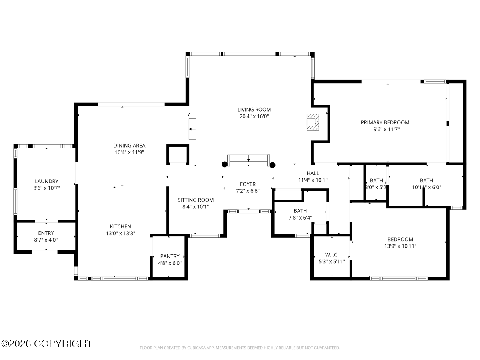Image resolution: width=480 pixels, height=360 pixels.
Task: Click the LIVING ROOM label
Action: (x=254, y=110)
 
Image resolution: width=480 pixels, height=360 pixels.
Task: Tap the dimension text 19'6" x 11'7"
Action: (x=385, y=129)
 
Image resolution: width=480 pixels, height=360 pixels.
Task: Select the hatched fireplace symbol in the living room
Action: (x=313, y=122)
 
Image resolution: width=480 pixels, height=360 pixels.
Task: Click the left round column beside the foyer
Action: (x=224, y=164)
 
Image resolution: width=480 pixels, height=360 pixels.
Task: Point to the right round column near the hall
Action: (x=272, y=165)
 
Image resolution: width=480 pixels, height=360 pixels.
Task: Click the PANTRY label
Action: (x=170, y=256)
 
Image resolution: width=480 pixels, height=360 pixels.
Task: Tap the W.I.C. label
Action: (x=332, y=255)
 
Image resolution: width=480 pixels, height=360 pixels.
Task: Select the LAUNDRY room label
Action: (x=46, y=181)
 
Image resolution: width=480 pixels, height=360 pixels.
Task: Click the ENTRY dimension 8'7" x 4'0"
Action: (x=46, y=240)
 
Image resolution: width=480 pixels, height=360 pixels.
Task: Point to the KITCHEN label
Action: (x=120, y=226)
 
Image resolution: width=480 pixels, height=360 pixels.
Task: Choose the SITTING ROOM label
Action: (x=196, y=200)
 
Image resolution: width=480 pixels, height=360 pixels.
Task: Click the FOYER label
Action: (x=248, y=184)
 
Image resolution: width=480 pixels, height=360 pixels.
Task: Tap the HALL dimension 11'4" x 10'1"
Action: (x=313, y=180)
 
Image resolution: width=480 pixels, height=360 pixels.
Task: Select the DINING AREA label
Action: (x=129, y=146)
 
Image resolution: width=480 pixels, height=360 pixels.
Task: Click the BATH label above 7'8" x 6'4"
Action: (x=300, y=211)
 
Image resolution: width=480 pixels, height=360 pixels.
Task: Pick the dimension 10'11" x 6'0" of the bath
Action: (x=426, y=187)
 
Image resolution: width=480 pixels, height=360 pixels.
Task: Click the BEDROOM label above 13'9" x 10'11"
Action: (x=400, y=239)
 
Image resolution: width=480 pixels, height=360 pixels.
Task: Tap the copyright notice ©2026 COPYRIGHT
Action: (x=46, y=344)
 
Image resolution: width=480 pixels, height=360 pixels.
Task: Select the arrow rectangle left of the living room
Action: (x=192, y=129)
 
